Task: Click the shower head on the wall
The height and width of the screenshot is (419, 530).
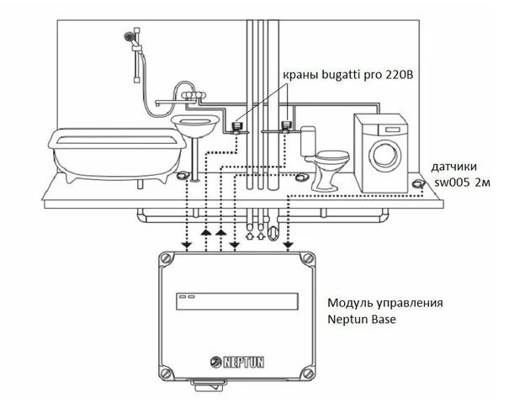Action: point(129,36)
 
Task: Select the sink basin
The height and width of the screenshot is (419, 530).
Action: point(195,126)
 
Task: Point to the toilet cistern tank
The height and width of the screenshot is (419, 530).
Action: point(308,141)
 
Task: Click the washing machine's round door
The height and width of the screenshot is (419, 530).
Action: point(386,156)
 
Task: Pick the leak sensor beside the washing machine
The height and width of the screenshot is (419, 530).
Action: point(418,183)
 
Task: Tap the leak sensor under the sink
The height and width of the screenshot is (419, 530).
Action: point(183,175)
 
